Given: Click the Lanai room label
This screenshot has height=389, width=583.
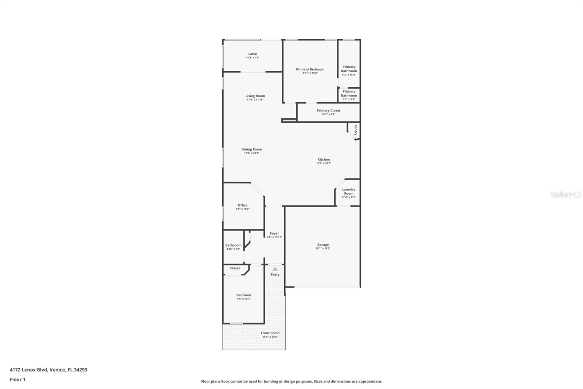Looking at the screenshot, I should [x=253, y=54].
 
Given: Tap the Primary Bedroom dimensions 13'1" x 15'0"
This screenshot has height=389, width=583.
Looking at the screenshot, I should [x=310, y=73].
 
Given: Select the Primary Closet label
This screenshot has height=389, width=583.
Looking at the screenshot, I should [x=328, y=110].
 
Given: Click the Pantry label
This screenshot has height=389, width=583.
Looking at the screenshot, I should [x=355, y=130].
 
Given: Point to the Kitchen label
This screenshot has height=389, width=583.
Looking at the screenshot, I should [x=324, y=159].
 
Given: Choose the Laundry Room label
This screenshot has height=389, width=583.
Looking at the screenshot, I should [x=349, y=191].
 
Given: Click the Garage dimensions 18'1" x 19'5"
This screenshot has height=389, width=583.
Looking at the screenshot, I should [x=323, y=249].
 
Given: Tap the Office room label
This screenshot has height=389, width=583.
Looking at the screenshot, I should [x=243, y=205].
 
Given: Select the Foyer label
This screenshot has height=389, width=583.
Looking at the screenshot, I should [x=274, y=233].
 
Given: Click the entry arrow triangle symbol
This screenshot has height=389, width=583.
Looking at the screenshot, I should [x=275, y=269].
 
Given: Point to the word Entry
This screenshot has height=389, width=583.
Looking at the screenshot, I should [x=275, y=274].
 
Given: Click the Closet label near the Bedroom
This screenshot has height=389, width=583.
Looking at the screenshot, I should [x=235, y=268].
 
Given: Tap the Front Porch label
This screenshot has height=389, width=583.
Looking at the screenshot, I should [x=270, y=333].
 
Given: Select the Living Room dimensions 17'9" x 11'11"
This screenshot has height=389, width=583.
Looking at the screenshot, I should [x=255, y=100].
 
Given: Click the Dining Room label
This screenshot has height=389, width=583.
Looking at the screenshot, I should [x=251, y=149].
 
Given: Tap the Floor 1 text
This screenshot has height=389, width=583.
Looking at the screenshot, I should [x=17, y=380].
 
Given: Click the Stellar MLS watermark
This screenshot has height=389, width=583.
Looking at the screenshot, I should [x=566, y=195].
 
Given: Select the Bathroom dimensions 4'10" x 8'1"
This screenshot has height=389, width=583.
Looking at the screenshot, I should [x=233, y=249].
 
